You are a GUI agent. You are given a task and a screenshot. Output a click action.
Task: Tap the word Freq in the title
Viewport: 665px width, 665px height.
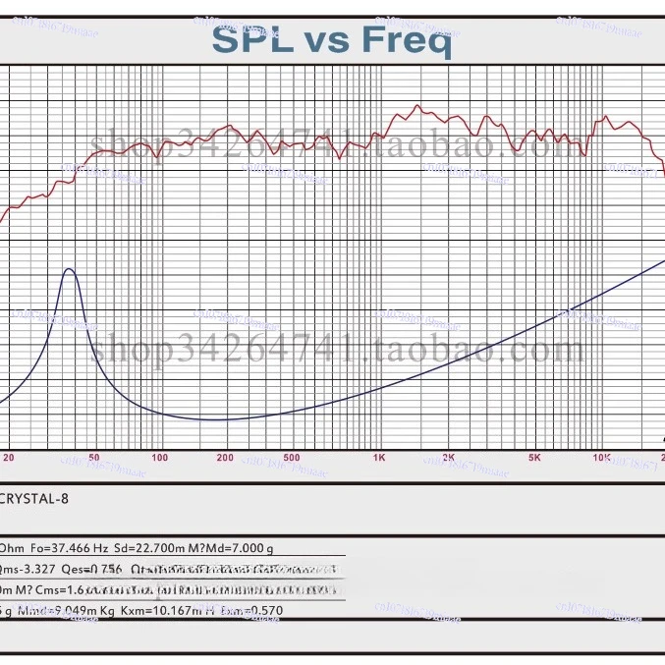tap(407, 40)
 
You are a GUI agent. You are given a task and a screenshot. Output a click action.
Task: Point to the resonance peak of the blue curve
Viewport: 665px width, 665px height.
tap(69, 268)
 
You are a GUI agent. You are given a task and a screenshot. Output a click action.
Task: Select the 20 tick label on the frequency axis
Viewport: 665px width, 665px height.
tap(9, 458)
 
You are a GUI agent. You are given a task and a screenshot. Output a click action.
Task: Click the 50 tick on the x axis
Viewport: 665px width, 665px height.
tap(94, 458)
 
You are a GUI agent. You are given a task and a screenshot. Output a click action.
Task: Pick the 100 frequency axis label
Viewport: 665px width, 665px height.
tap(159, 458)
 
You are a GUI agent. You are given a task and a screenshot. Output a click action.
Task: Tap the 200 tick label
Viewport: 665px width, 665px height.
tap(225, 458)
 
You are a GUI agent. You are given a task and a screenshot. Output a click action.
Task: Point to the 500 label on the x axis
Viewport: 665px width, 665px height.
tap(291, 458)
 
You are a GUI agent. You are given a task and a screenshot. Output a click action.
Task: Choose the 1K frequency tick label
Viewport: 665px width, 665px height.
tap(378, 458)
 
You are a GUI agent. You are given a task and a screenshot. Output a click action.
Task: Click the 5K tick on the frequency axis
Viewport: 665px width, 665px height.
tap(534, 458)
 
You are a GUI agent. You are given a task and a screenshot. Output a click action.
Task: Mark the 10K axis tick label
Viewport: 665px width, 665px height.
tap(601, 458)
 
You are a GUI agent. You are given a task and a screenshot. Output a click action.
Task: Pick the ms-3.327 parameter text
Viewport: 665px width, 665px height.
tap(28, 570)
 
